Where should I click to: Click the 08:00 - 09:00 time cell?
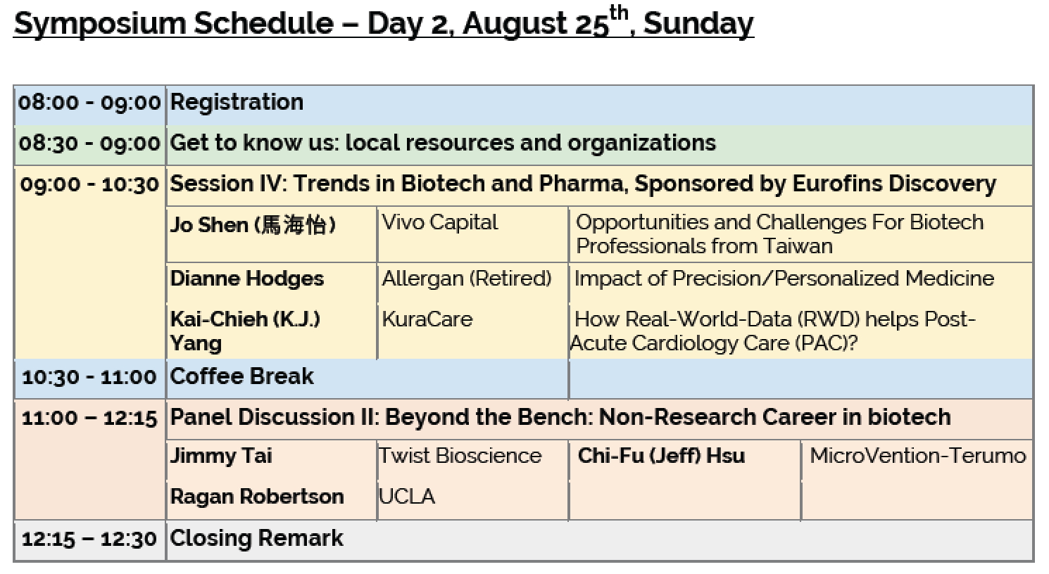89,103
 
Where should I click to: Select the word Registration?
237,103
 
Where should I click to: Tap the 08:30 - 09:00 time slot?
89,143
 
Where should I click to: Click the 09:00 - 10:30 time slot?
89,184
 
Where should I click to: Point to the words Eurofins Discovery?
894,184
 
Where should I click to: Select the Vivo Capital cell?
440,223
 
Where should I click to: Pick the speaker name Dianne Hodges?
247,279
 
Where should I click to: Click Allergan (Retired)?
467,279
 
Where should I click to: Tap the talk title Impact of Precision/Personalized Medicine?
784,279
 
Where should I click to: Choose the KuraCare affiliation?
427,319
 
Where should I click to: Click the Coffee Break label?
241,376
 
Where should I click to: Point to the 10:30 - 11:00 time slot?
89,378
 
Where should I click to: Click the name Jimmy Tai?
221,456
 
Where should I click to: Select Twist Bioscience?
460,456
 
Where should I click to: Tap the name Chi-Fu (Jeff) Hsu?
661,456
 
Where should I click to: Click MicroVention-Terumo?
918,456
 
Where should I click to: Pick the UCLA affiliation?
407,497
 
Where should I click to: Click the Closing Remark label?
257,538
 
